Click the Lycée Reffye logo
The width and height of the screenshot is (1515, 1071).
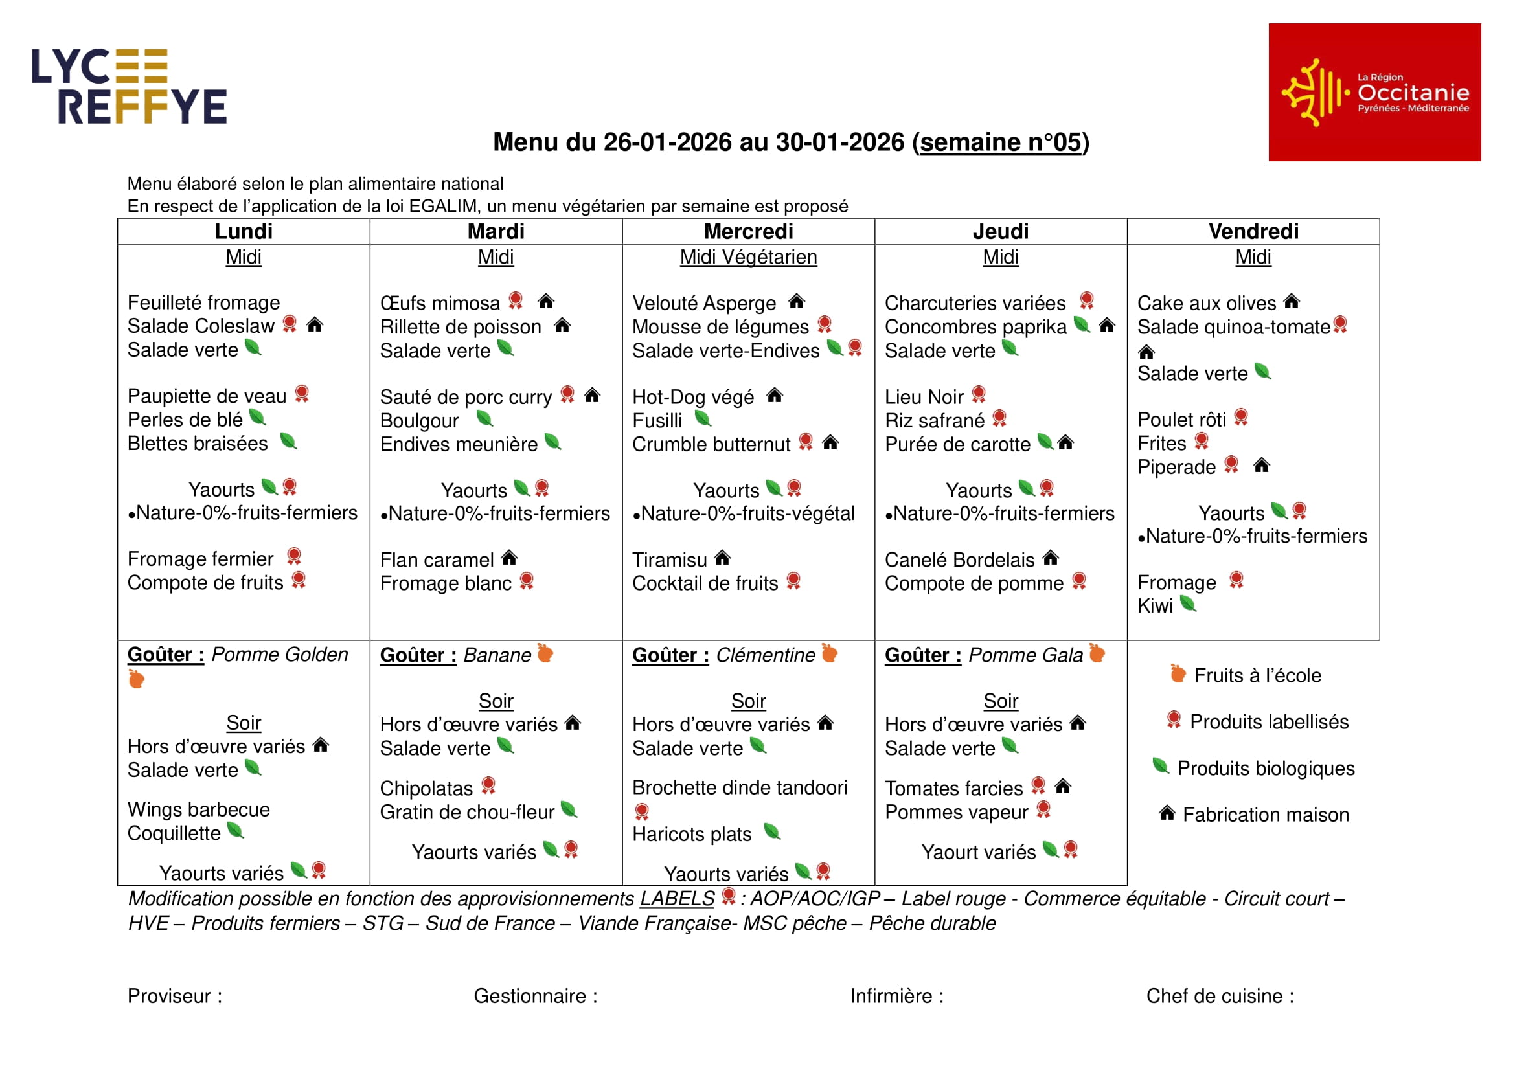click(x=130, y=86)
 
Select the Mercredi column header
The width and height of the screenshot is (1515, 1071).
click(x=748, y=231)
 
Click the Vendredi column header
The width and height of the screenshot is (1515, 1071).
click(x=1253, y=231)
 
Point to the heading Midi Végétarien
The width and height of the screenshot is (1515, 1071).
click(x=748, y=257)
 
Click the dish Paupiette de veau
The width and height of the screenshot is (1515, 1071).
click(x=207, y=396)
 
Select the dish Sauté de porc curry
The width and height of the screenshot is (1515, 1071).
click(x=465, y=397)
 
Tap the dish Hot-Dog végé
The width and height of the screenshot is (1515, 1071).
click(x=693, y=397)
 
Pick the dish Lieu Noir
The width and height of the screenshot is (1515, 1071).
click(x=924, y=397)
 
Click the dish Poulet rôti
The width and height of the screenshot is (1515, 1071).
click(x=1181, y=420)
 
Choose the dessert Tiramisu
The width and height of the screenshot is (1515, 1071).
click(x=669, y=560)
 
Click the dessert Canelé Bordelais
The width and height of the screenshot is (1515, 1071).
click(x=959, y=560)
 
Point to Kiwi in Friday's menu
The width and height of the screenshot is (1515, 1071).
click(x=1155, y=606)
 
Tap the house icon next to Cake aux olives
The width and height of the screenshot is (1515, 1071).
click(x=1292, y=302)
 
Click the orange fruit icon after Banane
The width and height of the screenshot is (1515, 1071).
click(x=545, y=653)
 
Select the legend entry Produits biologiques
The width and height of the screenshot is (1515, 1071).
click(x=1265, y=769)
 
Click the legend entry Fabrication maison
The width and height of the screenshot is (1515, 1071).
click(x=1265, y=815)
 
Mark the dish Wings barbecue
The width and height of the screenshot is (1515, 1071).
click(x=199, y=810)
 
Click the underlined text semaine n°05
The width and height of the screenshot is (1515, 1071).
click(x=1000, y=142)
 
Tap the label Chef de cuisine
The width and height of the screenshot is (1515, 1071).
click(x=1220, y=996)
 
